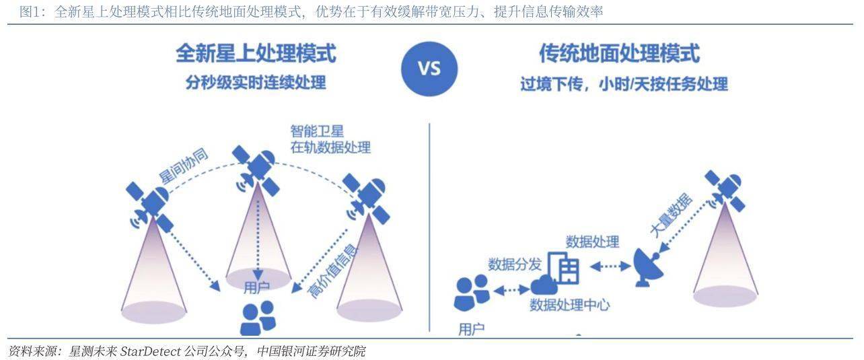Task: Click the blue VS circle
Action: (x=429, y=68)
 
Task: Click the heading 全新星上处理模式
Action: (x=256, y=53)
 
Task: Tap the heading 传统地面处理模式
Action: (x=619, y=53)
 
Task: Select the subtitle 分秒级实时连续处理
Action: (x=256, y=83)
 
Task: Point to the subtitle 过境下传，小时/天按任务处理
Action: (x=624, y=84)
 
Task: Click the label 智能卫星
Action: (x=317, y=131)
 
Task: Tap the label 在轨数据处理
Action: (x=330, y=147)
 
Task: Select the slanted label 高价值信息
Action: (x=332, y=271)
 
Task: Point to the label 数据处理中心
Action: (x=569, y=305)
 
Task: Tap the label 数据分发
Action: (x=515, y=264)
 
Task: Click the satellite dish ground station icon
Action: (x=649, y=267)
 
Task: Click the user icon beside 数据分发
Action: (x=472, y=293)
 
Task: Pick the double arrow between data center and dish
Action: (x=611, y=267)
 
